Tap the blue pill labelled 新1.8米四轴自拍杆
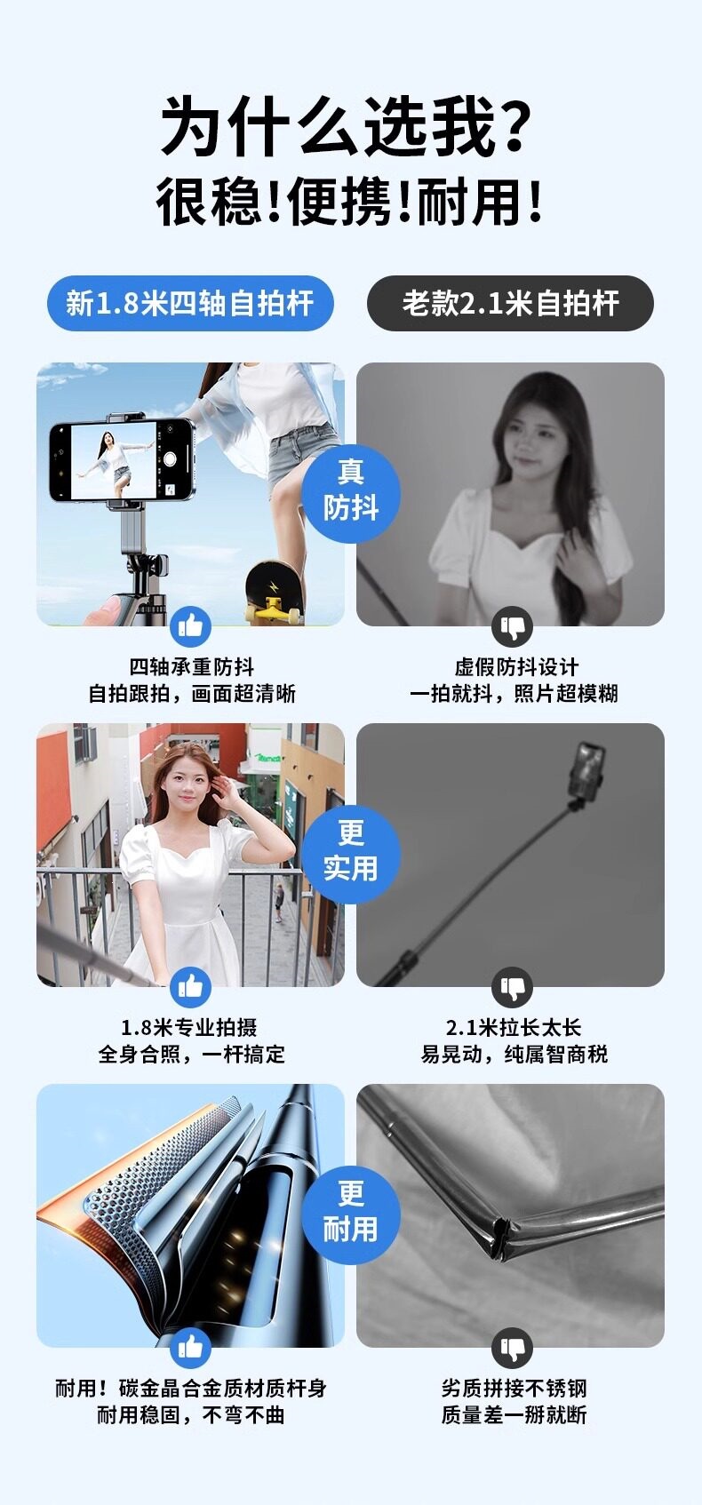[190, 303]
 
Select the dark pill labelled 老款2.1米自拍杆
[511, 303]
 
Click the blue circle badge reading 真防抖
[351, 494]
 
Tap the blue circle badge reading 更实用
[351, 854]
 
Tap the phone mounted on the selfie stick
[123, 460]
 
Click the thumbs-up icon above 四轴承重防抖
[191, 627]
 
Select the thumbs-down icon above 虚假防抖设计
[512, 627]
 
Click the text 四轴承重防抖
[191, 667]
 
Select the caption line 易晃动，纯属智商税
[514, 1055]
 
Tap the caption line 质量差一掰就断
[514, 1415]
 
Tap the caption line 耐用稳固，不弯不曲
[191, 1415]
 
